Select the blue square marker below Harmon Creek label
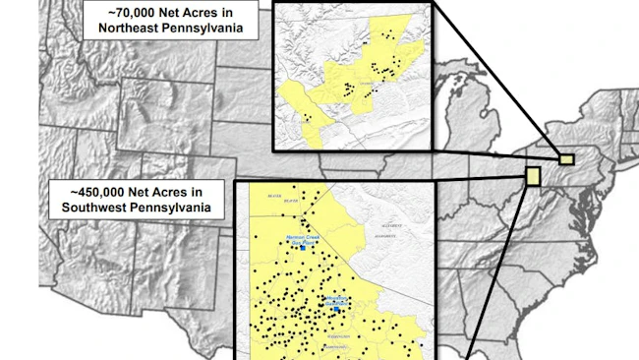[x=304, y=249]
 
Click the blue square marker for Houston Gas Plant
[x=337, y=309]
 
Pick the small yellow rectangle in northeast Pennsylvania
[x=566, y=158]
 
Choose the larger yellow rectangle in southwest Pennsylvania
[x=533, y=176]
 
